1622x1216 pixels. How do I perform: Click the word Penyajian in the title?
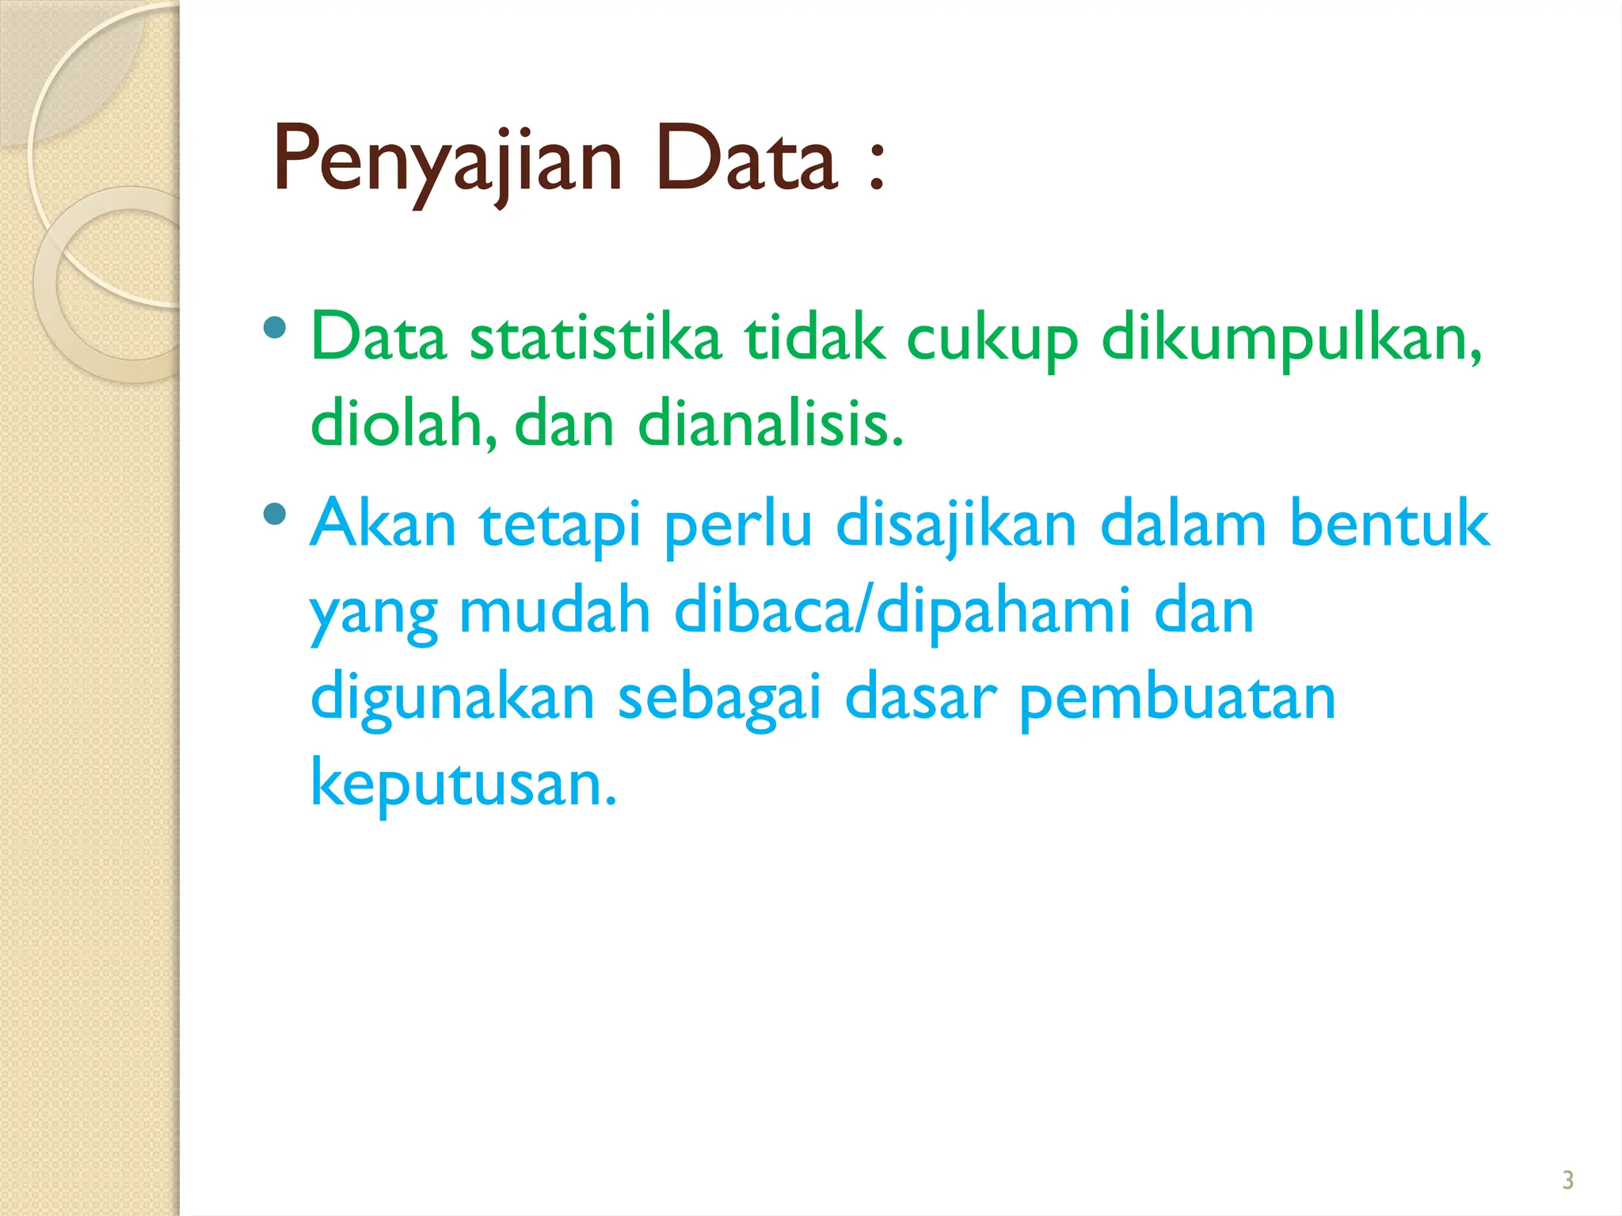447,162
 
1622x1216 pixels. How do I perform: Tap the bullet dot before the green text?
275,327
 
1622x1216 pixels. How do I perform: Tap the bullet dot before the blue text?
275,515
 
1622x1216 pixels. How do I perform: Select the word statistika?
596,339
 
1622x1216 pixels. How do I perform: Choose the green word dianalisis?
770,424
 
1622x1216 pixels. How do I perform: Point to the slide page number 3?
1567,1180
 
